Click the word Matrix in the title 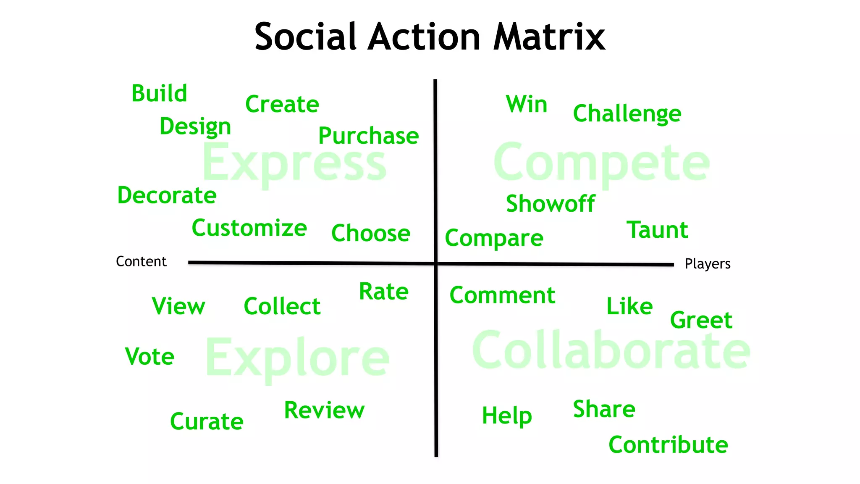(549, 37)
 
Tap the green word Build (159, 93)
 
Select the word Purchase (368, 137)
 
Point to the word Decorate (167, 196)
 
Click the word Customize (249, 229)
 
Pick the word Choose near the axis (371, 234)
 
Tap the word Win (527, 104)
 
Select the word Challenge (627, 114)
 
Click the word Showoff (550, 204)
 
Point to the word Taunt (657, 230)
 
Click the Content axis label (141, 261)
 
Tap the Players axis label (708, 264)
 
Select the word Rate (384, 292)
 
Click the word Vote (149, 357)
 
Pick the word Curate (207, 421)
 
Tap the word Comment (502, 295)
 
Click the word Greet (701, 321)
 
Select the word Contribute (668, 445)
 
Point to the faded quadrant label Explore (297, 358)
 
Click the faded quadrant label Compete (601, 163)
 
